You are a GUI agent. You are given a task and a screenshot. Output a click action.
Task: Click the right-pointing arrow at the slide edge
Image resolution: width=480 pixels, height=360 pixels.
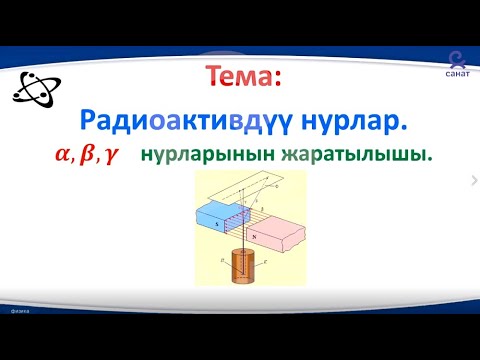point(473,180)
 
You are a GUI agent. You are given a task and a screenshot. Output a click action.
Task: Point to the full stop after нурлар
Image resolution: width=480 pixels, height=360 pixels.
point(405,129)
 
